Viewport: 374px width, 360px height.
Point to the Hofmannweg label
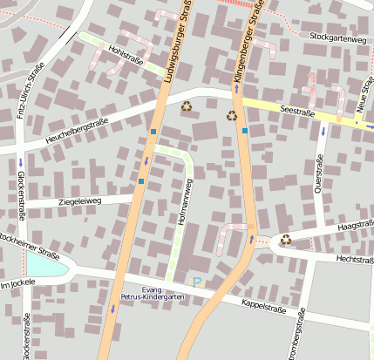185,204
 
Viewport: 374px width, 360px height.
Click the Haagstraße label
354,227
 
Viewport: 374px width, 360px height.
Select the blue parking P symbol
197,281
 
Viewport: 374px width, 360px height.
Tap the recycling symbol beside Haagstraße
285,240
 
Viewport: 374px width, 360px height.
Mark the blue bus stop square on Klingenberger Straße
245,131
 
